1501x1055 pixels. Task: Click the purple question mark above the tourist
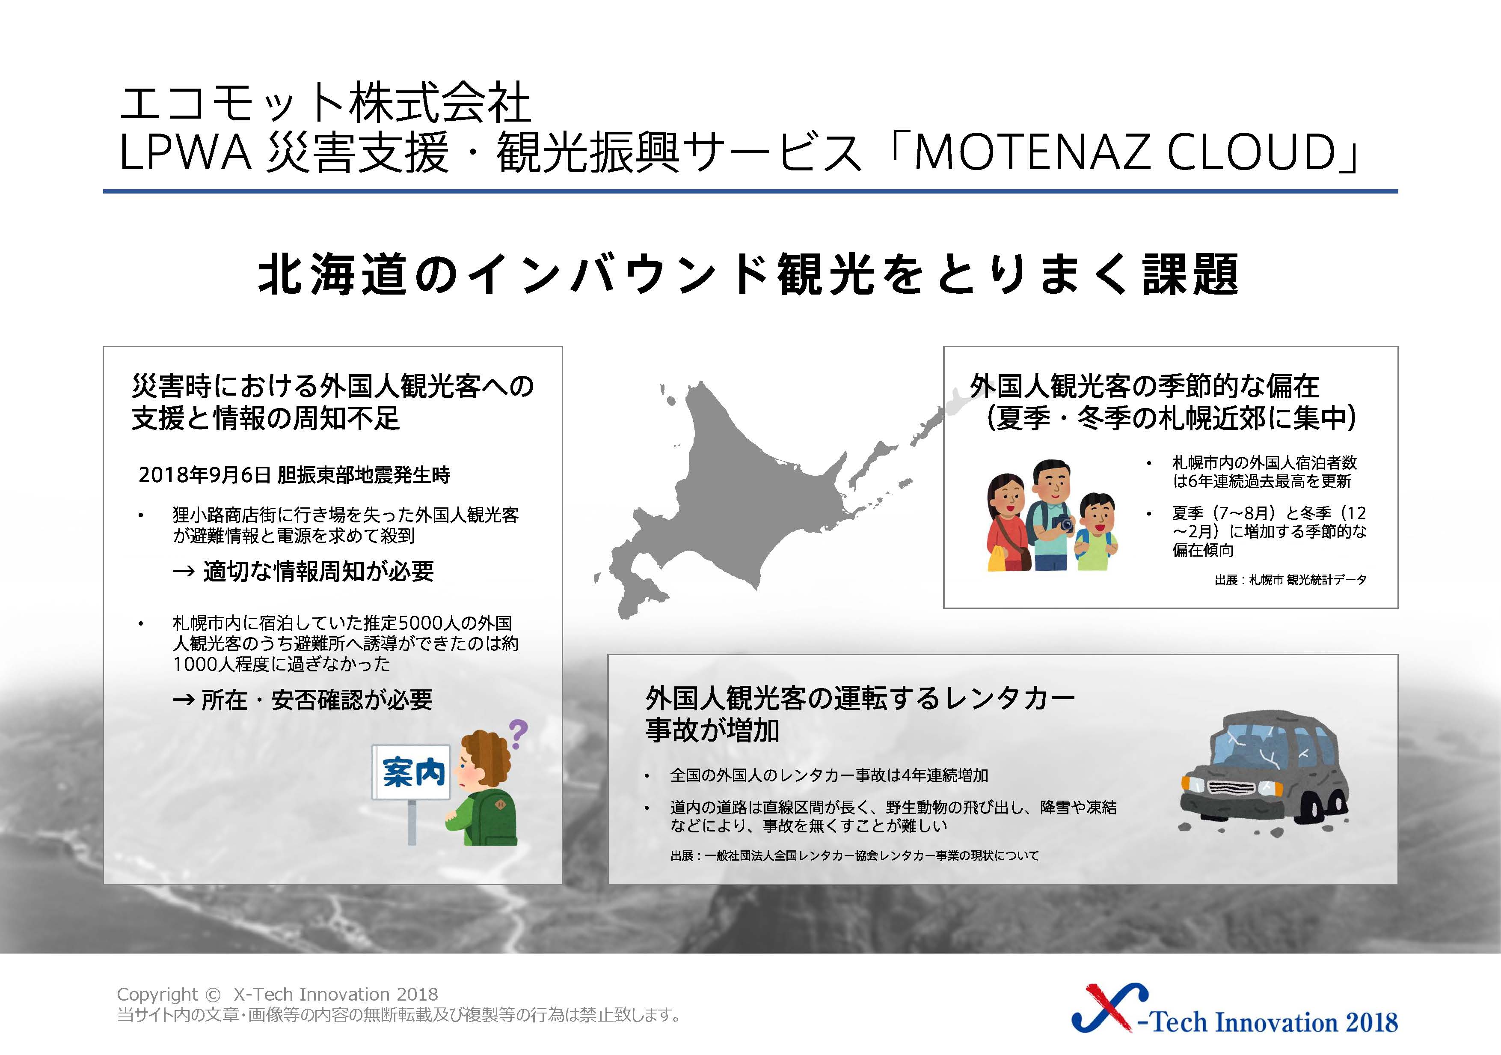518,734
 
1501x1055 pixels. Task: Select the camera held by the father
1063,524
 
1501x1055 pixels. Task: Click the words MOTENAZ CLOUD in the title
1124,153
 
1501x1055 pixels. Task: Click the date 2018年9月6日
205,475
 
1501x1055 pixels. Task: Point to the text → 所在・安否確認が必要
303,700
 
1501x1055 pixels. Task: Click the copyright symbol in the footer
213,995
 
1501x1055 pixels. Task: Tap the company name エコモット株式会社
325,103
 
